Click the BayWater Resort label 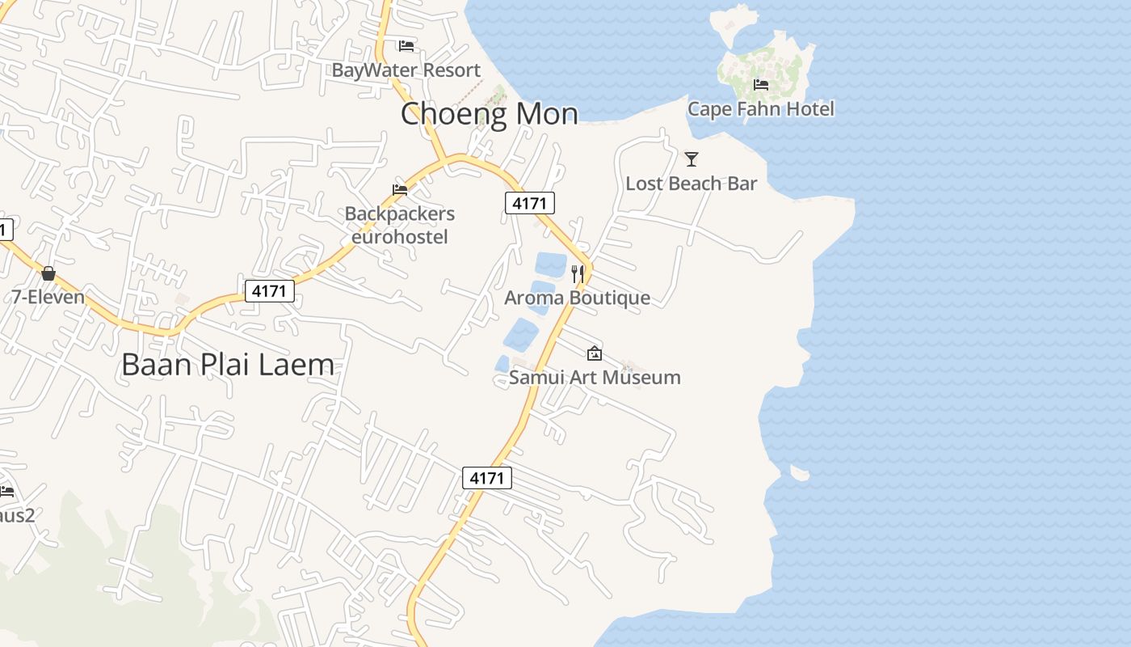(406, 70)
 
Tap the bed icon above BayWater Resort (406, 46)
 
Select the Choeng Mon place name (490, 114)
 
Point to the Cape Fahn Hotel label (760, 108)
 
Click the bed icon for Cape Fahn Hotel (760, 85)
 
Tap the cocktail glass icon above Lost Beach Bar (691, 159)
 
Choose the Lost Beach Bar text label (691, 184)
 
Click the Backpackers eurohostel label (400, 225)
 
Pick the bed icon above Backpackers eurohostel (400, 190)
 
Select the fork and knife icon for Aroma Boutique (578, 274)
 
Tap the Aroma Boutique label (577, 298)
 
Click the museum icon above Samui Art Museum (595, 353)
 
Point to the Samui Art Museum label (595, 377)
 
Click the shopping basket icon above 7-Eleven (48, 273)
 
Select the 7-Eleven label (48, 297)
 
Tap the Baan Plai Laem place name (228, 365)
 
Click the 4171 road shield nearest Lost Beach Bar (530, 203)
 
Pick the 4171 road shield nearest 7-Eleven (269, 291)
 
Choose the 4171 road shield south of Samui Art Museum (487, 478)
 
